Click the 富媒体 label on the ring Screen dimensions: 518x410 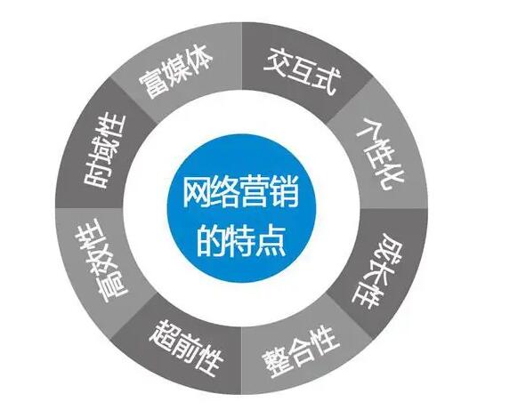click(x=175, y=72)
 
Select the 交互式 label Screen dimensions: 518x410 click(x=303, y=71)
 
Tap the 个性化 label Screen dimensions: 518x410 click(x=380, y=154)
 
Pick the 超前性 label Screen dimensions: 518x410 click(x=186, y=348)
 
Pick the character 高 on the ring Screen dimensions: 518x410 click(x=111, y=286)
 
